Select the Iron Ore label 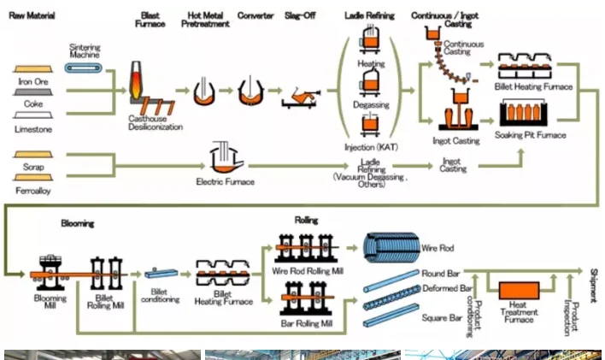(32, 83)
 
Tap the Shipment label (592, 283)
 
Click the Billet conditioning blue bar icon (160, 272)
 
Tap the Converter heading (256, 16)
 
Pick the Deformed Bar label (446, 289)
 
